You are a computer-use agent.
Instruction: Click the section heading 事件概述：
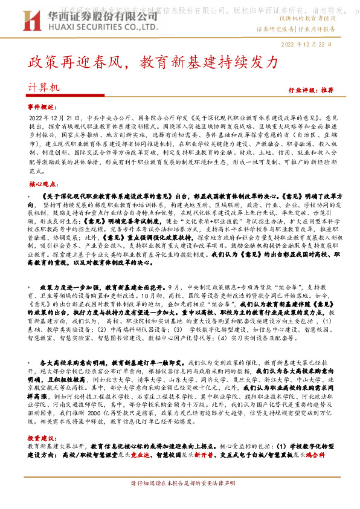click(x=42, y=106)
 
